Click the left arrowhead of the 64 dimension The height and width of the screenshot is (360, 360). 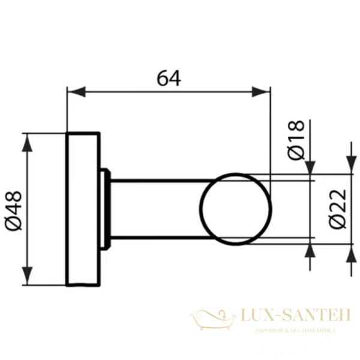73,92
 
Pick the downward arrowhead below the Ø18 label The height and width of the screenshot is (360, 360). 310,167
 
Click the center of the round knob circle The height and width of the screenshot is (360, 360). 235,208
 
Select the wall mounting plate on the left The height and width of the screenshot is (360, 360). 82,208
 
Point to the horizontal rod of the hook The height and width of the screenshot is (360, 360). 156,208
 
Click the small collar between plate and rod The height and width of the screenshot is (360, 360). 106,208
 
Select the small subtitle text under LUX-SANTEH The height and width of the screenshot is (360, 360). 295,331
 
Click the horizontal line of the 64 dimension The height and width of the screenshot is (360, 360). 168,92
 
